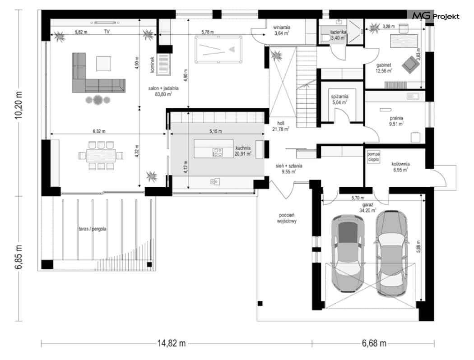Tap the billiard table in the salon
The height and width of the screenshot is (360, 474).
point(218,49)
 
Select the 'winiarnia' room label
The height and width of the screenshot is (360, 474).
point(281,28)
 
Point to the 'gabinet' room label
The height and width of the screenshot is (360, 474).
point(384,65)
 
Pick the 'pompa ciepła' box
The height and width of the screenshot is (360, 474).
point(374,157)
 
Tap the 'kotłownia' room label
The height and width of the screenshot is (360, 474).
point(400,164)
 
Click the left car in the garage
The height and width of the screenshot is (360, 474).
point(348,253)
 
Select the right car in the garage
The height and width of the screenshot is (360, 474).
point(391,253)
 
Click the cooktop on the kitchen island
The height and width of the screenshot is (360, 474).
point(217,152)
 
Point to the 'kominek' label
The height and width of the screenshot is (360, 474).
point(152,65)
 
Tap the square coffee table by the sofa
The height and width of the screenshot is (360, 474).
point(103,64)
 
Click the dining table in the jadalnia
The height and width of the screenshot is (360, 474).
point(101,156)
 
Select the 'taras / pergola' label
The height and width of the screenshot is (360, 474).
point(93,229)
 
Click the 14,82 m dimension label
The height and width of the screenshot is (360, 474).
point(171,343)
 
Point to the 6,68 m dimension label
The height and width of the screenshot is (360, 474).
point(374,343)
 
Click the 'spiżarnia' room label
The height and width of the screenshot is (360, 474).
point(339,97)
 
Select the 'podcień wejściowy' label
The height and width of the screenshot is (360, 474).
point(287,218)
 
